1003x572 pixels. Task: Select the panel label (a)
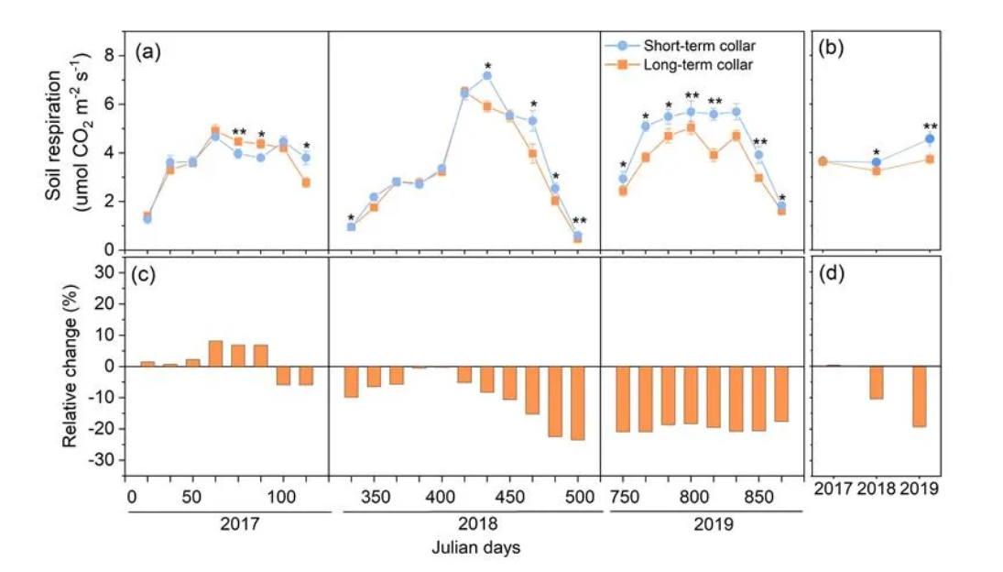point(148,51)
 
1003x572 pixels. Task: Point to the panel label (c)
point(148,272)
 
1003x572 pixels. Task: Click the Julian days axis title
point(476,549)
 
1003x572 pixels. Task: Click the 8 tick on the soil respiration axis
point(110,55)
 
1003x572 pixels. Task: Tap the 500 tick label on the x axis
point(578,496)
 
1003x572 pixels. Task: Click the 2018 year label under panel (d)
point(877,491)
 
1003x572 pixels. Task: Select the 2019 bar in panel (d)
point(919,396)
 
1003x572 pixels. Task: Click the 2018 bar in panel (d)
point(877,382)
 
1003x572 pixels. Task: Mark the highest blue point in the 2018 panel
point(487,75)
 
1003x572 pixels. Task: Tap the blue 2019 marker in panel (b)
point(930,139)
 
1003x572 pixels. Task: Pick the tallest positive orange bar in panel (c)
point(215,354)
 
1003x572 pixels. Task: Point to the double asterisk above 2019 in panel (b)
point(930,126)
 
